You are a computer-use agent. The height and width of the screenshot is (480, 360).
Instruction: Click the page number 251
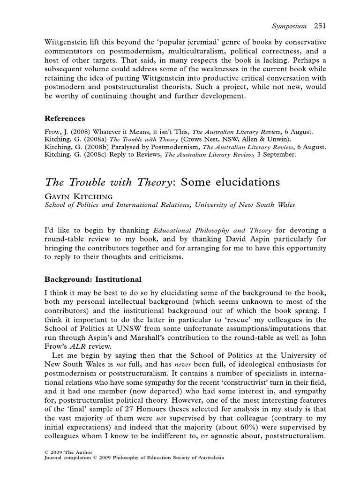point(320,26)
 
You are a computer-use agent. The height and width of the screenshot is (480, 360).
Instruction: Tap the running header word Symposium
point(289,26)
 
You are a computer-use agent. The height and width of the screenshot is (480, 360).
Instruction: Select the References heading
point(65,118)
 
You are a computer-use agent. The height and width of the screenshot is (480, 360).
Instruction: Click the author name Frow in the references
point(52,132)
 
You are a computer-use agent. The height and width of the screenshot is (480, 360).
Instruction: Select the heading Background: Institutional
point(93,279)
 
